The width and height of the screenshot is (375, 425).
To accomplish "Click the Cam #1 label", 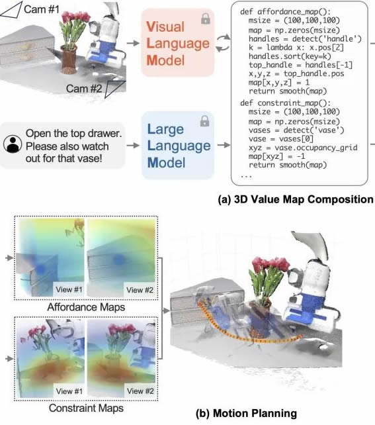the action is (42, 9).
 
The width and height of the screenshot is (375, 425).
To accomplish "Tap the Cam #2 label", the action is (84, 88).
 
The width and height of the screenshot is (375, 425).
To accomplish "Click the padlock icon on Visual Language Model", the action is (206, 19).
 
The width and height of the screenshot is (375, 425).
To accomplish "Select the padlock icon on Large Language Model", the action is (204, 121).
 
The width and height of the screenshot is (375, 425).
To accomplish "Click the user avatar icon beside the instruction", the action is (13, 144).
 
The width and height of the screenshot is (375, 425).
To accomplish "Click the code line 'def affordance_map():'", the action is (285, 12).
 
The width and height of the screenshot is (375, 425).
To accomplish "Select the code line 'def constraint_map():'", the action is (285, 103).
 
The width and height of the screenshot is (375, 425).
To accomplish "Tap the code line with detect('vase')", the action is (296, 130).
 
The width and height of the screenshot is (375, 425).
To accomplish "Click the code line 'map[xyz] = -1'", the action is (277, 156).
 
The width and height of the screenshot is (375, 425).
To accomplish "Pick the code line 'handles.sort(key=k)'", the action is (290, 56).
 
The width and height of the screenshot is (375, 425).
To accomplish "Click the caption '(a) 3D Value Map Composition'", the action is (296, 199).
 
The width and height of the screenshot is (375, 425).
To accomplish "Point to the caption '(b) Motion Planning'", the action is (247, 413).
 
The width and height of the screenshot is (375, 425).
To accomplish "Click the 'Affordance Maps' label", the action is (86, 307).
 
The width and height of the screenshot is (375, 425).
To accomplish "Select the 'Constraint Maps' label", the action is (86, 408).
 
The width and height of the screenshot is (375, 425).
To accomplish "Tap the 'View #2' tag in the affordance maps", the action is (140, 290).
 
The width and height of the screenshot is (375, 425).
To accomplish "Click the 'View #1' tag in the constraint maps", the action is (69, 391).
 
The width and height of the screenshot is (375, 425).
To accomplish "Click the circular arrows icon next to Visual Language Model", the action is (223, 43).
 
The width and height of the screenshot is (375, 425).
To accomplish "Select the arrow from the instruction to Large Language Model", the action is (133, 146).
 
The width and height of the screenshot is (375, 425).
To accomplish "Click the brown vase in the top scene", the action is (69, 60).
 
